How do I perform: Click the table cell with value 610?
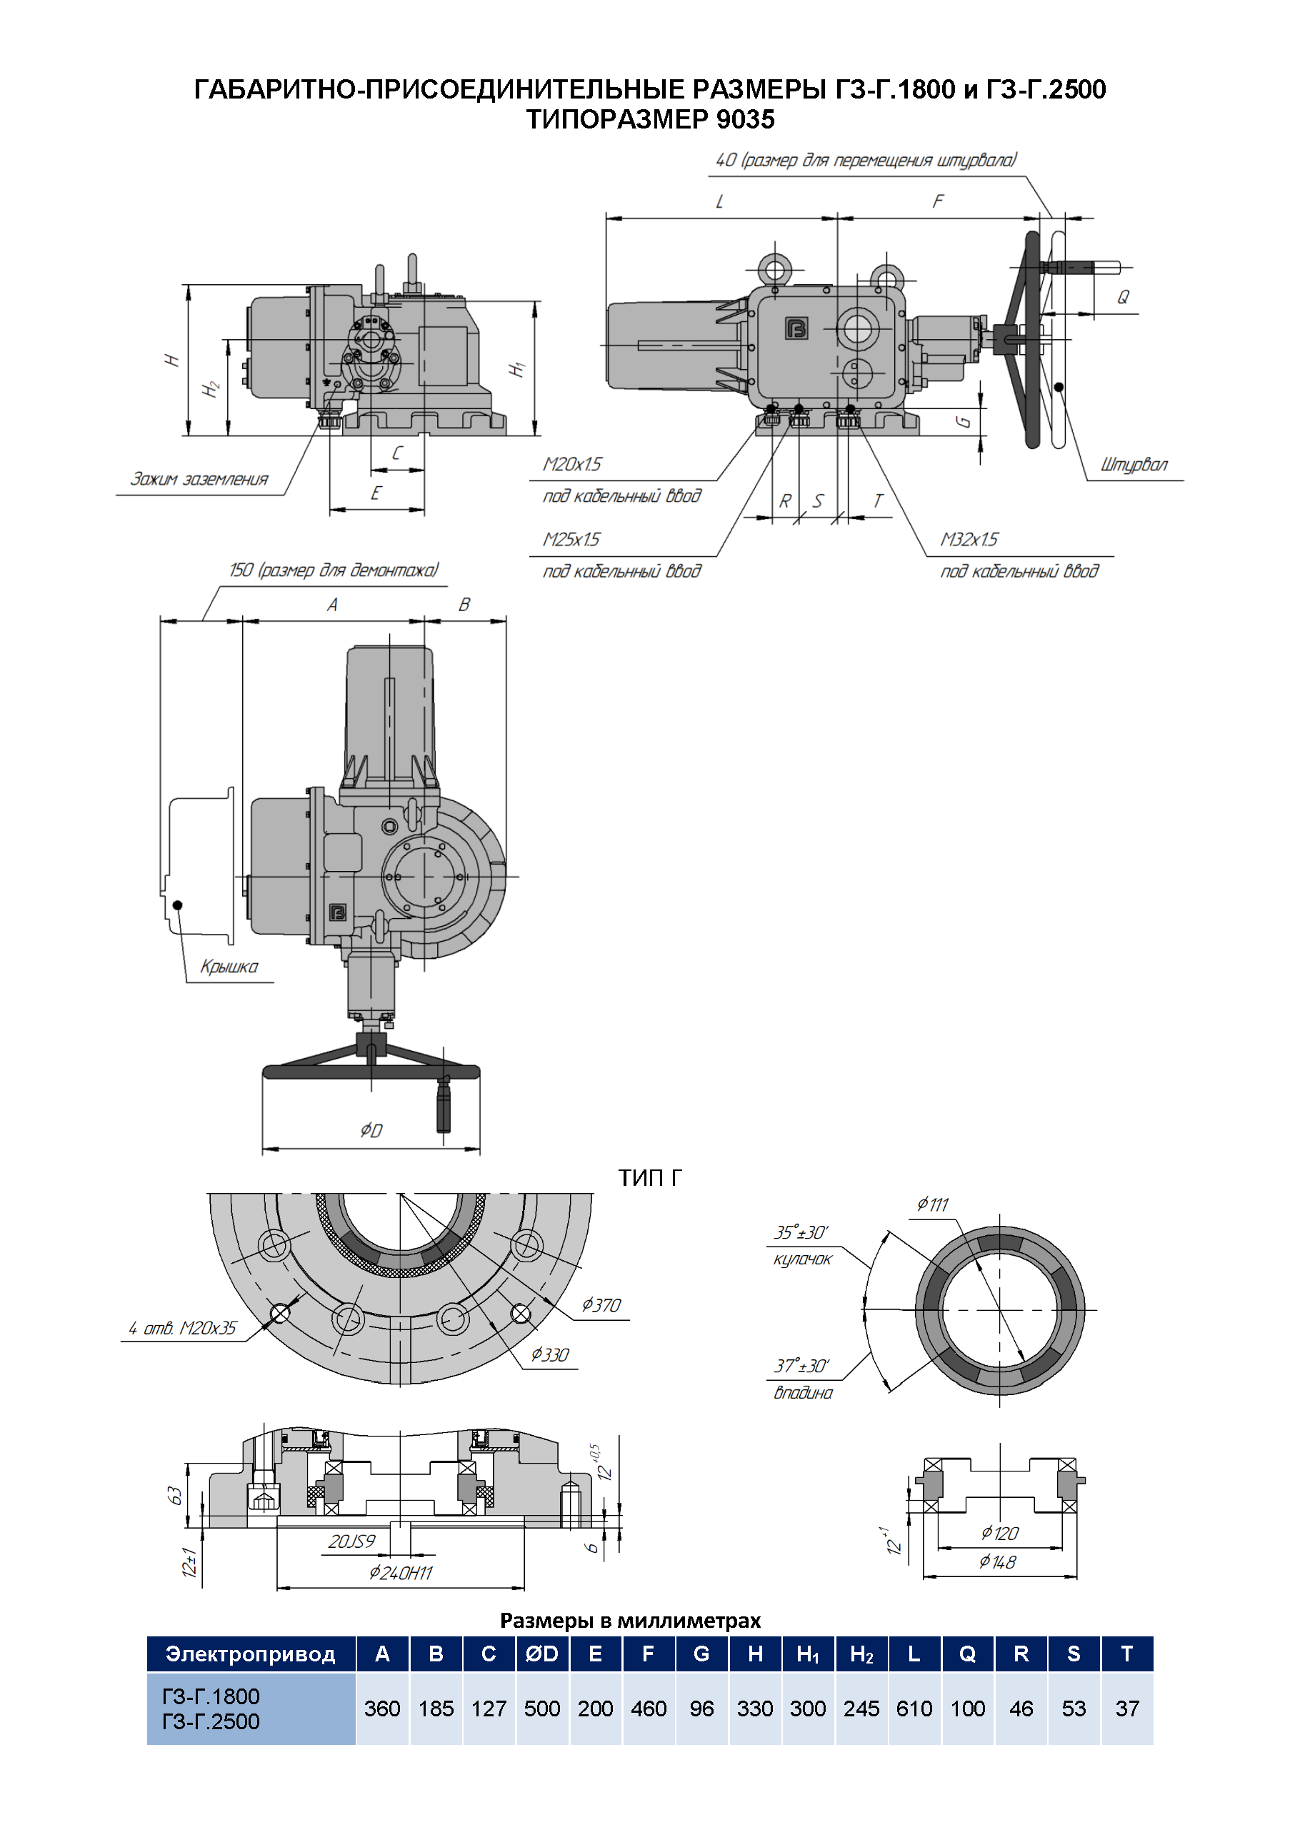click(x=914, y=1709)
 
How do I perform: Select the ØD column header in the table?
click(x=542, y=1654)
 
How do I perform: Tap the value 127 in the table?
click(x=489, y=1709)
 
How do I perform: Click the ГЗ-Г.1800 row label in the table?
click(x=211, y=1696)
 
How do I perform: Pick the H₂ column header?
click(x=861, y=1654)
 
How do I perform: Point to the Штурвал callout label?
click(x=1134, y=465)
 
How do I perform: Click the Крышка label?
click(x=229, y=967)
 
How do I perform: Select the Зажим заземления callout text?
click(x=199, y=479)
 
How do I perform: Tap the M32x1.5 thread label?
click(x=969, y=539)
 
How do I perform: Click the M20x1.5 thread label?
click(x=571, y=464)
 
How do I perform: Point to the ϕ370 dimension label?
click(x=601, y=1305)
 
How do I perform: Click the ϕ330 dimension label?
click(x=550, y=1354)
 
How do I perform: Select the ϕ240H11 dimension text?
click(x=400, y=1573)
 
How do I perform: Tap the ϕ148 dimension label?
click(x=997, y=1561)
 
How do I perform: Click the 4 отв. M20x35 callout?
click(x=183, y=1328)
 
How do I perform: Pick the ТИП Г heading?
click(x=649, y=1178)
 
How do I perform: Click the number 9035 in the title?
click(x=745, y=119)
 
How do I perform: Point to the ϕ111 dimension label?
click(x=933, y=1204)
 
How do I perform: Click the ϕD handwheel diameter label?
click(x=371, y=1130)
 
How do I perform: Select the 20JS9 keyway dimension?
click(x=351, y=1541)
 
